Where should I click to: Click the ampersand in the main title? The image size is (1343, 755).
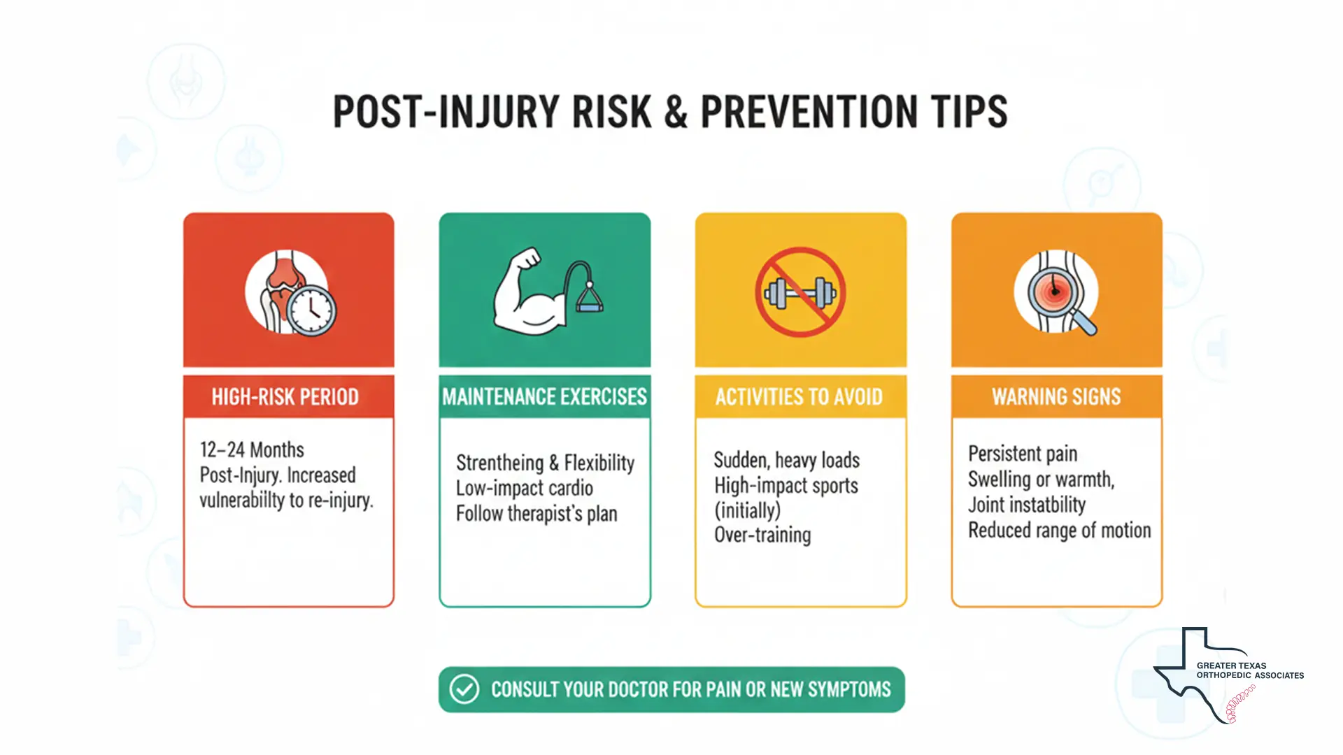[x=676, y=112]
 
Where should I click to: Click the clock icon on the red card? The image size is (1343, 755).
[x=311, y=310]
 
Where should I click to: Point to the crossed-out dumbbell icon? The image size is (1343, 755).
[x=800, y=292]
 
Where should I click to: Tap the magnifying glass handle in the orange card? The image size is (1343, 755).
[x=1086, y=324]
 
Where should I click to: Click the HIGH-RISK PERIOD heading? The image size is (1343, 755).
[x=285, y=397]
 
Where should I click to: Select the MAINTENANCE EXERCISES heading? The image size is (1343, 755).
[x=544, y=397]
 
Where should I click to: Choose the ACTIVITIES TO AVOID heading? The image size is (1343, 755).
[x=799, y=397]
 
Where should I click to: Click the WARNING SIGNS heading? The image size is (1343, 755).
[x=1056, y=397]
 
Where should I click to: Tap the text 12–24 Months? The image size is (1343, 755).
[x=252, y=450]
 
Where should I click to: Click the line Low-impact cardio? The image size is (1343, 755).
[x=525, y=488]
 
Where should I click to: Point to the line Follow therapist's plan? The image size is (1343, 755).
[x=537, y=514]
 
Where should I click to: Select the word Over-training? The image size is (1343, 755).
[x=762, y=535]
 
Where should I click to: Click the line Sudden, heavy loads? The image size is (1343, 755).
[x=786, y=461]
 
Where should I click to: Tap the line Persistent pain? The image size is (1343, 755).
[x=1023, y=454]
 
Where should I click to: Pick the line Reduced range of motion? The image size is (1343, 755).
[x=1059, y=531]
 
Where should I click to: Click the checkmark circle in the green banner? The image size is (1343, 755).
[x=464, y=689]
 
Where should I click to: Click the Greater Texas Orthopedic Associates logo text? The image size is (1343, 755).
[x=1249, y=670]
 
